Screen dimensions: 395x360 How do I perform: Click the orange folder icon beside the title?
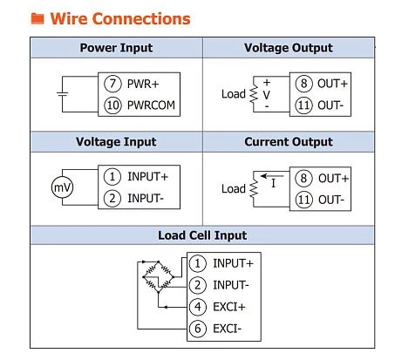[x=37, y=18]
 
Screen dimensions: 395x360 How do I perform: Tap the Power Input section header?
[x=116, y=48]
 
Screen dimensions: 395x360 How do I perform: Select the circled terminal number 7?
[x=112, y=84]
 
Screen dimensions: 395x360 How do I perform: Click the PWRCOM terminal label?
[x=151, y=105]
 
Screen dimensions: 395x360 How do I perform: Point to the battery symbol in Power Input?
[x=62, y=94]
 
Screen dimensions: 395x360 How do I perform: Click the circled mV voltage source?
[x=62, y=187]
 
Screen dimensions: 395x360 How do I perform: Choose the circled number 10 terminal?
[x=112, y=105]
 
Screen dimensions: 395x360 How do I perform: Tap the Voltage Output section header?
[x=289, y=48]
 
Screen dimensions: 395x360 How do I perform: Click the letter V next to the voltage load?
[x=266, y=95]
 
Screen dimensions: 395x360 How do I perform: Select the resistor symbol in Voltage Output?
[x=254, y=94]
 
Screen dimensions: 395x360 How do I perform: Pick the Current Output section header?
[x=289, y=142]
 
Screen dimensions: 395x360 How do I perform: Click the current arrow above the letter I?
[x=272, y=176]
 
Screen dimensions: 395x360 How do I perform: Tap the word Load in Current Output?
[x=234, y=189]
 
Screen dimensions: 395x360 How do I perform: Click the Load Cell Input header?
[x=202, y=235]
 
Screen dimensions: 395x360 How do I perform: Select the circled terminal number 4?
[x=198, y=307]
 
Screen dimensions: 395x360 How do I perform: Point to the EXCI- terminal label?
[x=227, y=329]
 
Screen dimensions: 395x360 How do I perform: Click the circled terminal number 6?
[x=198, y=329]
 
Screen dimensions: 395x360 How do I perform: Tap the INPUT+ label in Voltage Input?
[x=147, y=177]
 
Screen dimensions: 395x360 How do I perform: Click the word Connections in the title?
[x=141, y=18]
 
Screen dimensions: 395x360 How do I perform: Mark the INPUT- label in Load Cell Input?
[x=231, y=285]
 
